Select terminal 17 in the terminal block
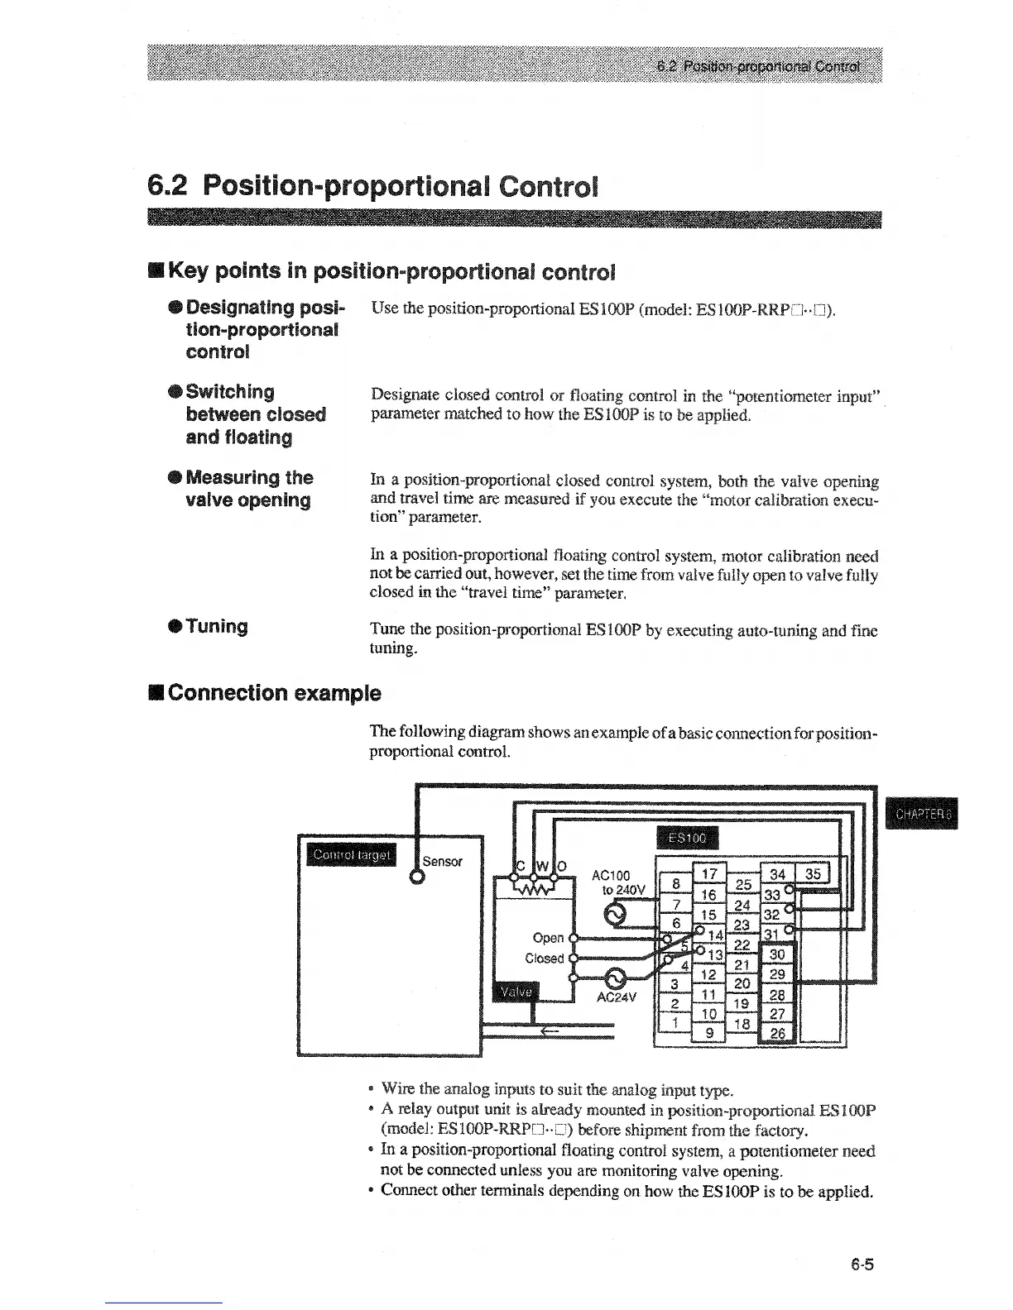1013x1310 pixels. pos(708,874)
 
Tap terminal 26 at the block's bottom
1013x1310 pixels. pos(778,1034)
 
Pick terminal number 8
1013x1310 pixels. pos(675,883)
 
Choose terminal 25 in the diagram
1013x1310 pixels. pos(742,885)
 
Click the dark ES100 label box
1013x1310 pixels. pos(687,837)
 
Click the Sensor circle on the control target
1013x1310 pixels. pos(416,877)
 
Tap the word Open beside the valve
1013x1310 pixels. pos(548,938)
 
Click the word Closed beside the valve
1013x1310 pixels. pos(544,959)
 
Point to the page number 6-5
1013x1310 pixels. pos(861,1265)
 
